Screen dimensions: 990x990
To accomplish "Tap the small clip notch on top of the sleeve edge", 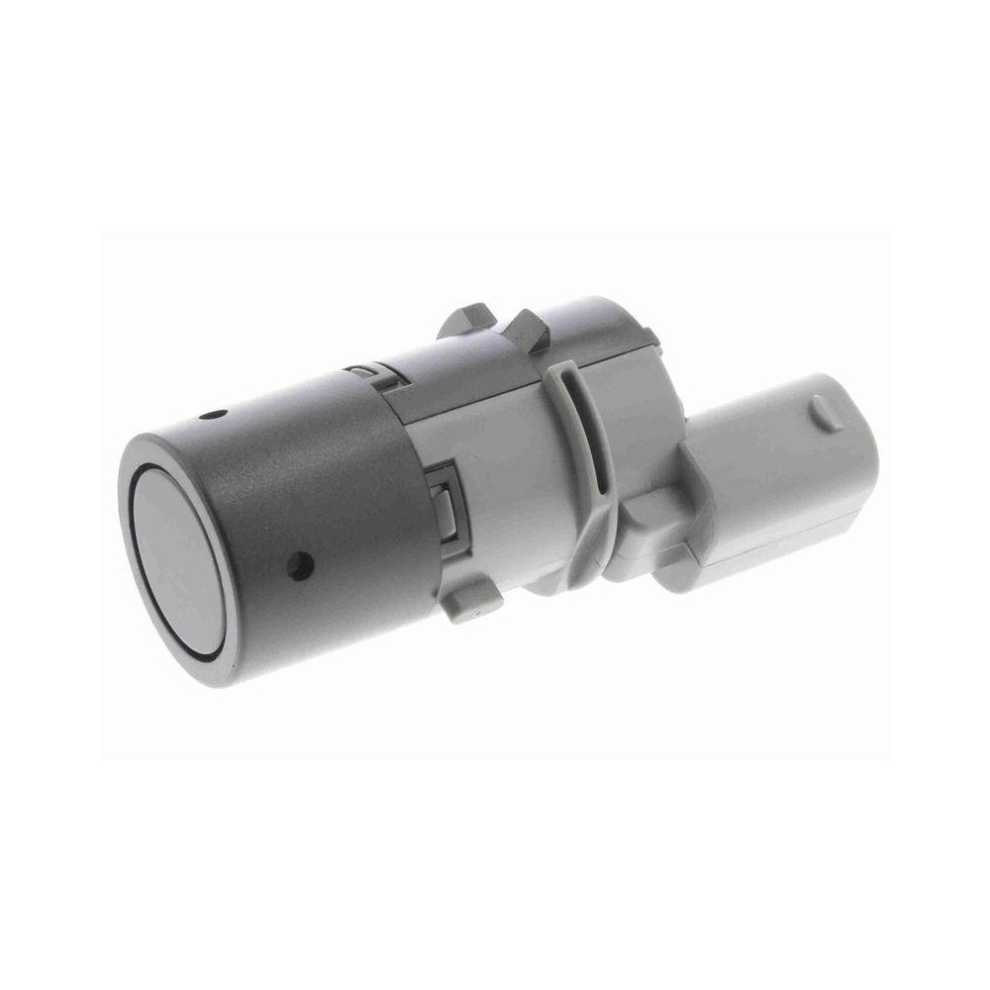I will tap(365, 373).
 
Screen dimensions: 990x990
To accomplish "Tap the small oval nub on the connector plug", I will tap(829, 412).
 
